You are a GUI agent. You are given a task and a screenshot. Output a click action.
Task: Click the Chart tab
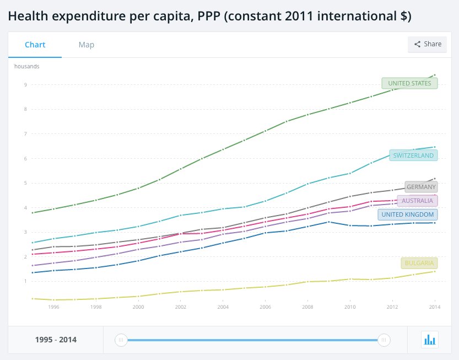click(x=35, y=45)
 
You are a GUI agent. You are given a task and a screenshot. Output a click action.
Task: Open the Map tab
click(x=86, y=45)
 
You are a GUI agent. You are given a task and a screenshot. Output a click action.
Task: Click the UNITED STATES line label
click(x=409, y=83)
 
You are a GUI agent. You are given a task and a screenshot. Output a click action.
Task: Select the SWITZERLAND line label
click(x=413, y=155)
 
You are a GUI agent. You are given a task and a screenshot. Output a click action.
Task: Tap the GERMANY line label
click(x=421, y=187)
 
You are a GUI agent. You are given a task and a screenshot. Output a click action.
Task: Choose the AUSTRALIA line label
click(x=417, y=201)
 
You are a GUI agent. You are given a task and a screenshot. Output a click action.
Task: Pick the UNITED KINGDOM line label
click(x=408, y=214)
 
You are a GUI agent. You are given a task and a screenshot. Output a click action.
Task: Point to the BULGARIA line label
click(x=419, y=263)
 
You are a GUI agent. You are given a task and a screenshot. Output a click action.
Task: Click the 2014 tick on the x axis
click(x=435, y=307)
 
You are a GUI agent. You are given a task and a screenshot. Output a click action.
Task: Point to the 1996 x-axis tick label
click(x=53, y=307)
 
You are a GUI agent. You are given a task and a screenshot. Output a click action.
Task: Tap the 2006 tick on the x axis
click(x=265, y=307)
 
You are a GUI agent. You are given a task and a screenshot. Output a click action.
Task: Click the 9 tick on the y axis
click(x=25, y=84)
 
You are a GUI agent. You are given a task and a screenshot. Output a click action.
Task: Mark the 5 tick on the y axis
click(x=25, y=183)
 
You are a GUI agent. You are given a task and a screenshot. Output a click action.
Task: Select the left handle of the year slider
click(x=121, y=340)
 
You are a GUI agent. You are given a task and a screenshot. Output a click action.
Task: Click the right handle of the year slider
click(x=384, y=340)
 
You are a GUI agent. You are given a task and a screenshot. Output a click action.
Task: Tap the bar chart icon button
click(x=429, y=340)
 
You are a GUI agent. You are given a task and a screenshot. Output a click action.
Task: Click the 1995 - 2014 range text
click(x=56, y=340)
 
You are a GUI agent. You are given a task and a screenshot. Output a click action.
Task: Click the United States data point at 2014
click(x=435, y=75)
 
